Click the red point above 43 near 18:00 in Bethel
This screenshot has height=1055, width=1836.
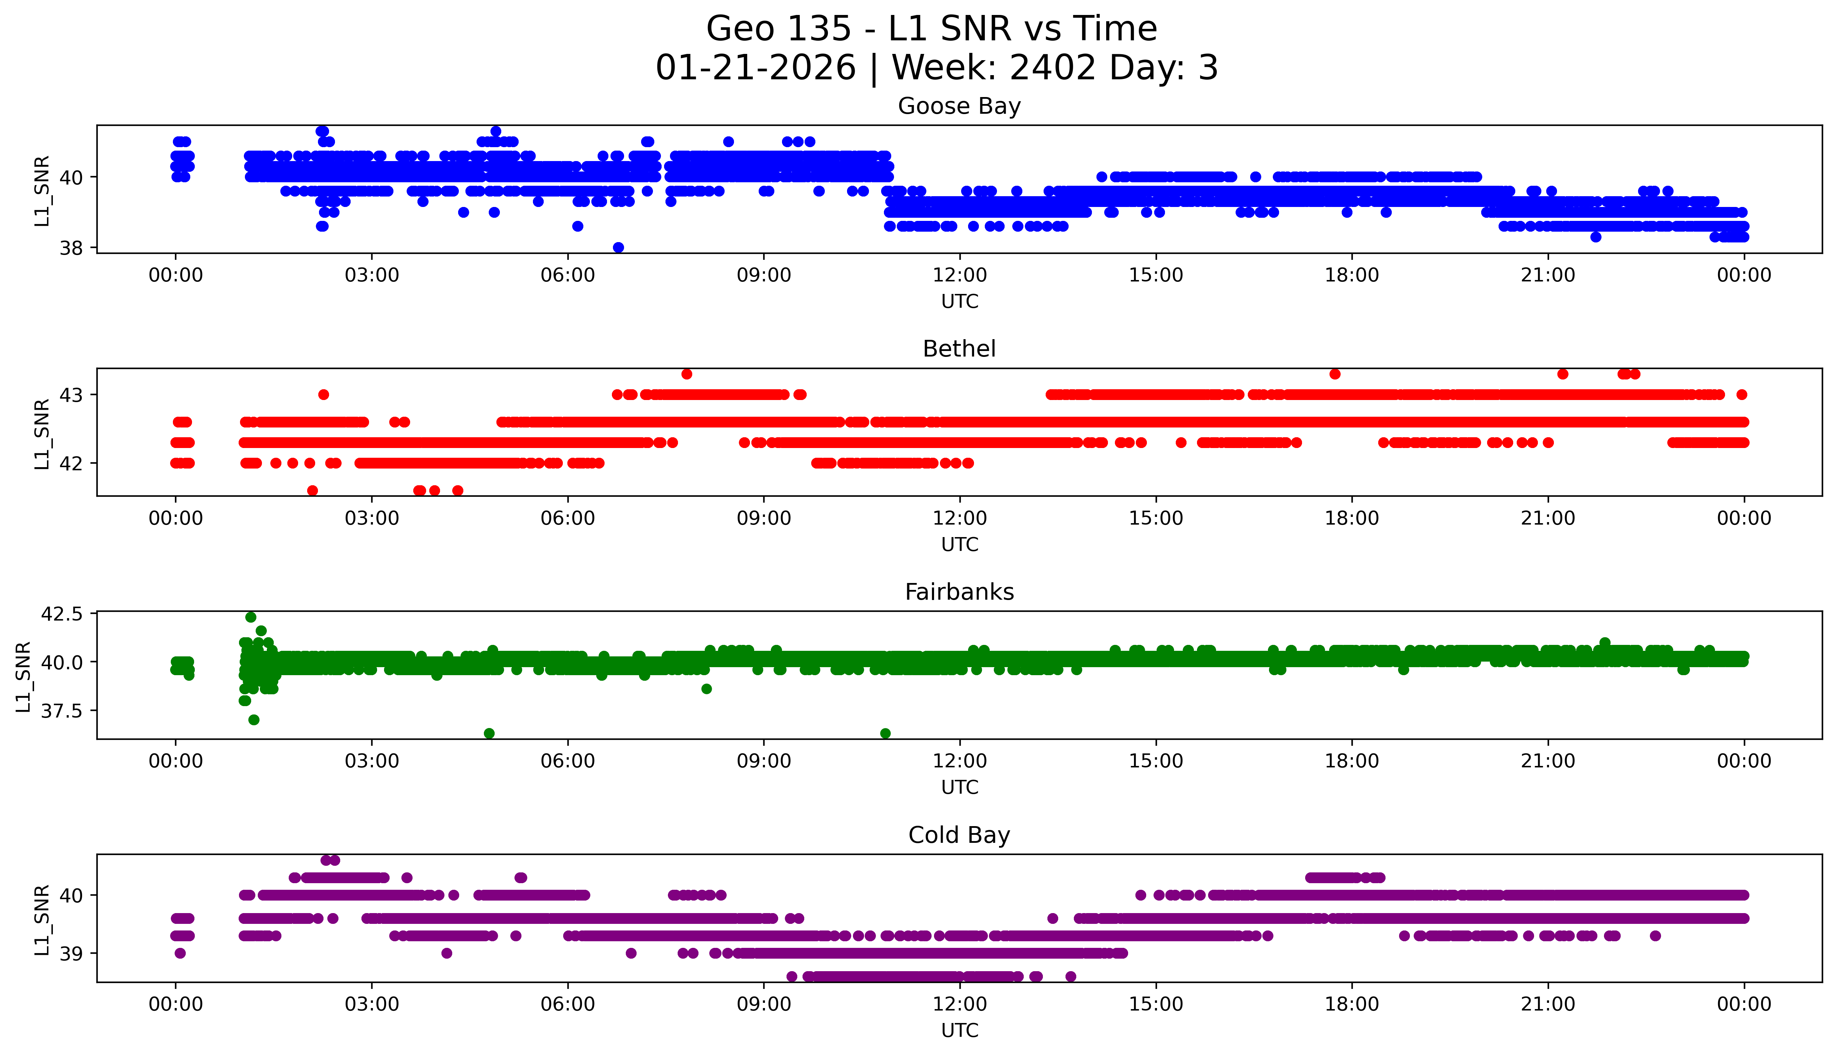(x=1335, y=374)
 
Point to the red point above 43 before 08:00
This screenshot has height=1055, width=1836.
(x=687, y=374)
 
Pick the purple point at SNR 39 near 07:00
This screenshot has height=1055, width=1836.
(x=631, y=953)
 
